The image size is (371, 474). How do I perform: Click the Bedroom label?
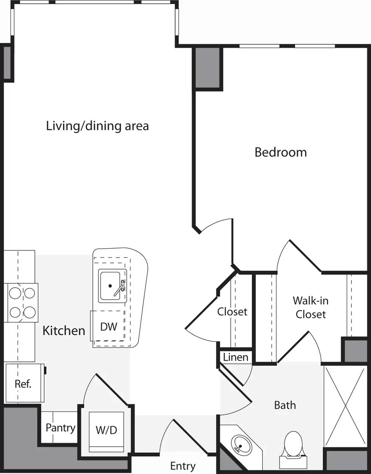click(x=280, y=152)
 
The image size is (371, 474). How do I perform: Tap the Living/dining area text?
click(x=97, y=126)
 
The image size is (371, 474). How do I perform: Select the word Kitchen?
click(x=64, y=330)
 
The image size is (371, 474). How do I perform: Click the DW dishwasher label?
click(x=109, y=327)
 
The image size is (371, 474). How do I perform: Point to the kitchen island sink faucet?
click(x=120, y=287)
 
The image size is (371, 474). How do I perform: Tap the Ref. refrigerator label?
click(x=23, y=384)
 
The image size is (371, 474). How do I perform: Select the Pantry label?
click(x=60, y=428)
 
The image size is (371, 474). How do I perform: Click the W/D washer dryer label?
click(x=106, y=430)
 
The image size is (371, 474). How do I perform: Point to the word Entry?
click(x=183, y=466)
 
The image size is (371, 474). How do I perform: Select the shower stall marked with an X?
click(x=344, y=405)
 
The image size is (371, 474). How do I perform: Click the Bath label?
click(x=285, y=405)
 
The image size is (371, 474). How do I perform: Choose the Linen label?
click(x=236, y=357)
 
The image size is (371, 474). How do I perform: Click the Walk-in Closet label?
click(x=310, y=307)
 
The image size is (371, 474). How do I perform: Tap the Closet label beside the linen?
click(x=232, y=312)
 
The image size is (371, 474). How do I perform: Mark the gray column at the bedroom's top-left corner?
click(x=208, y=68)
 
